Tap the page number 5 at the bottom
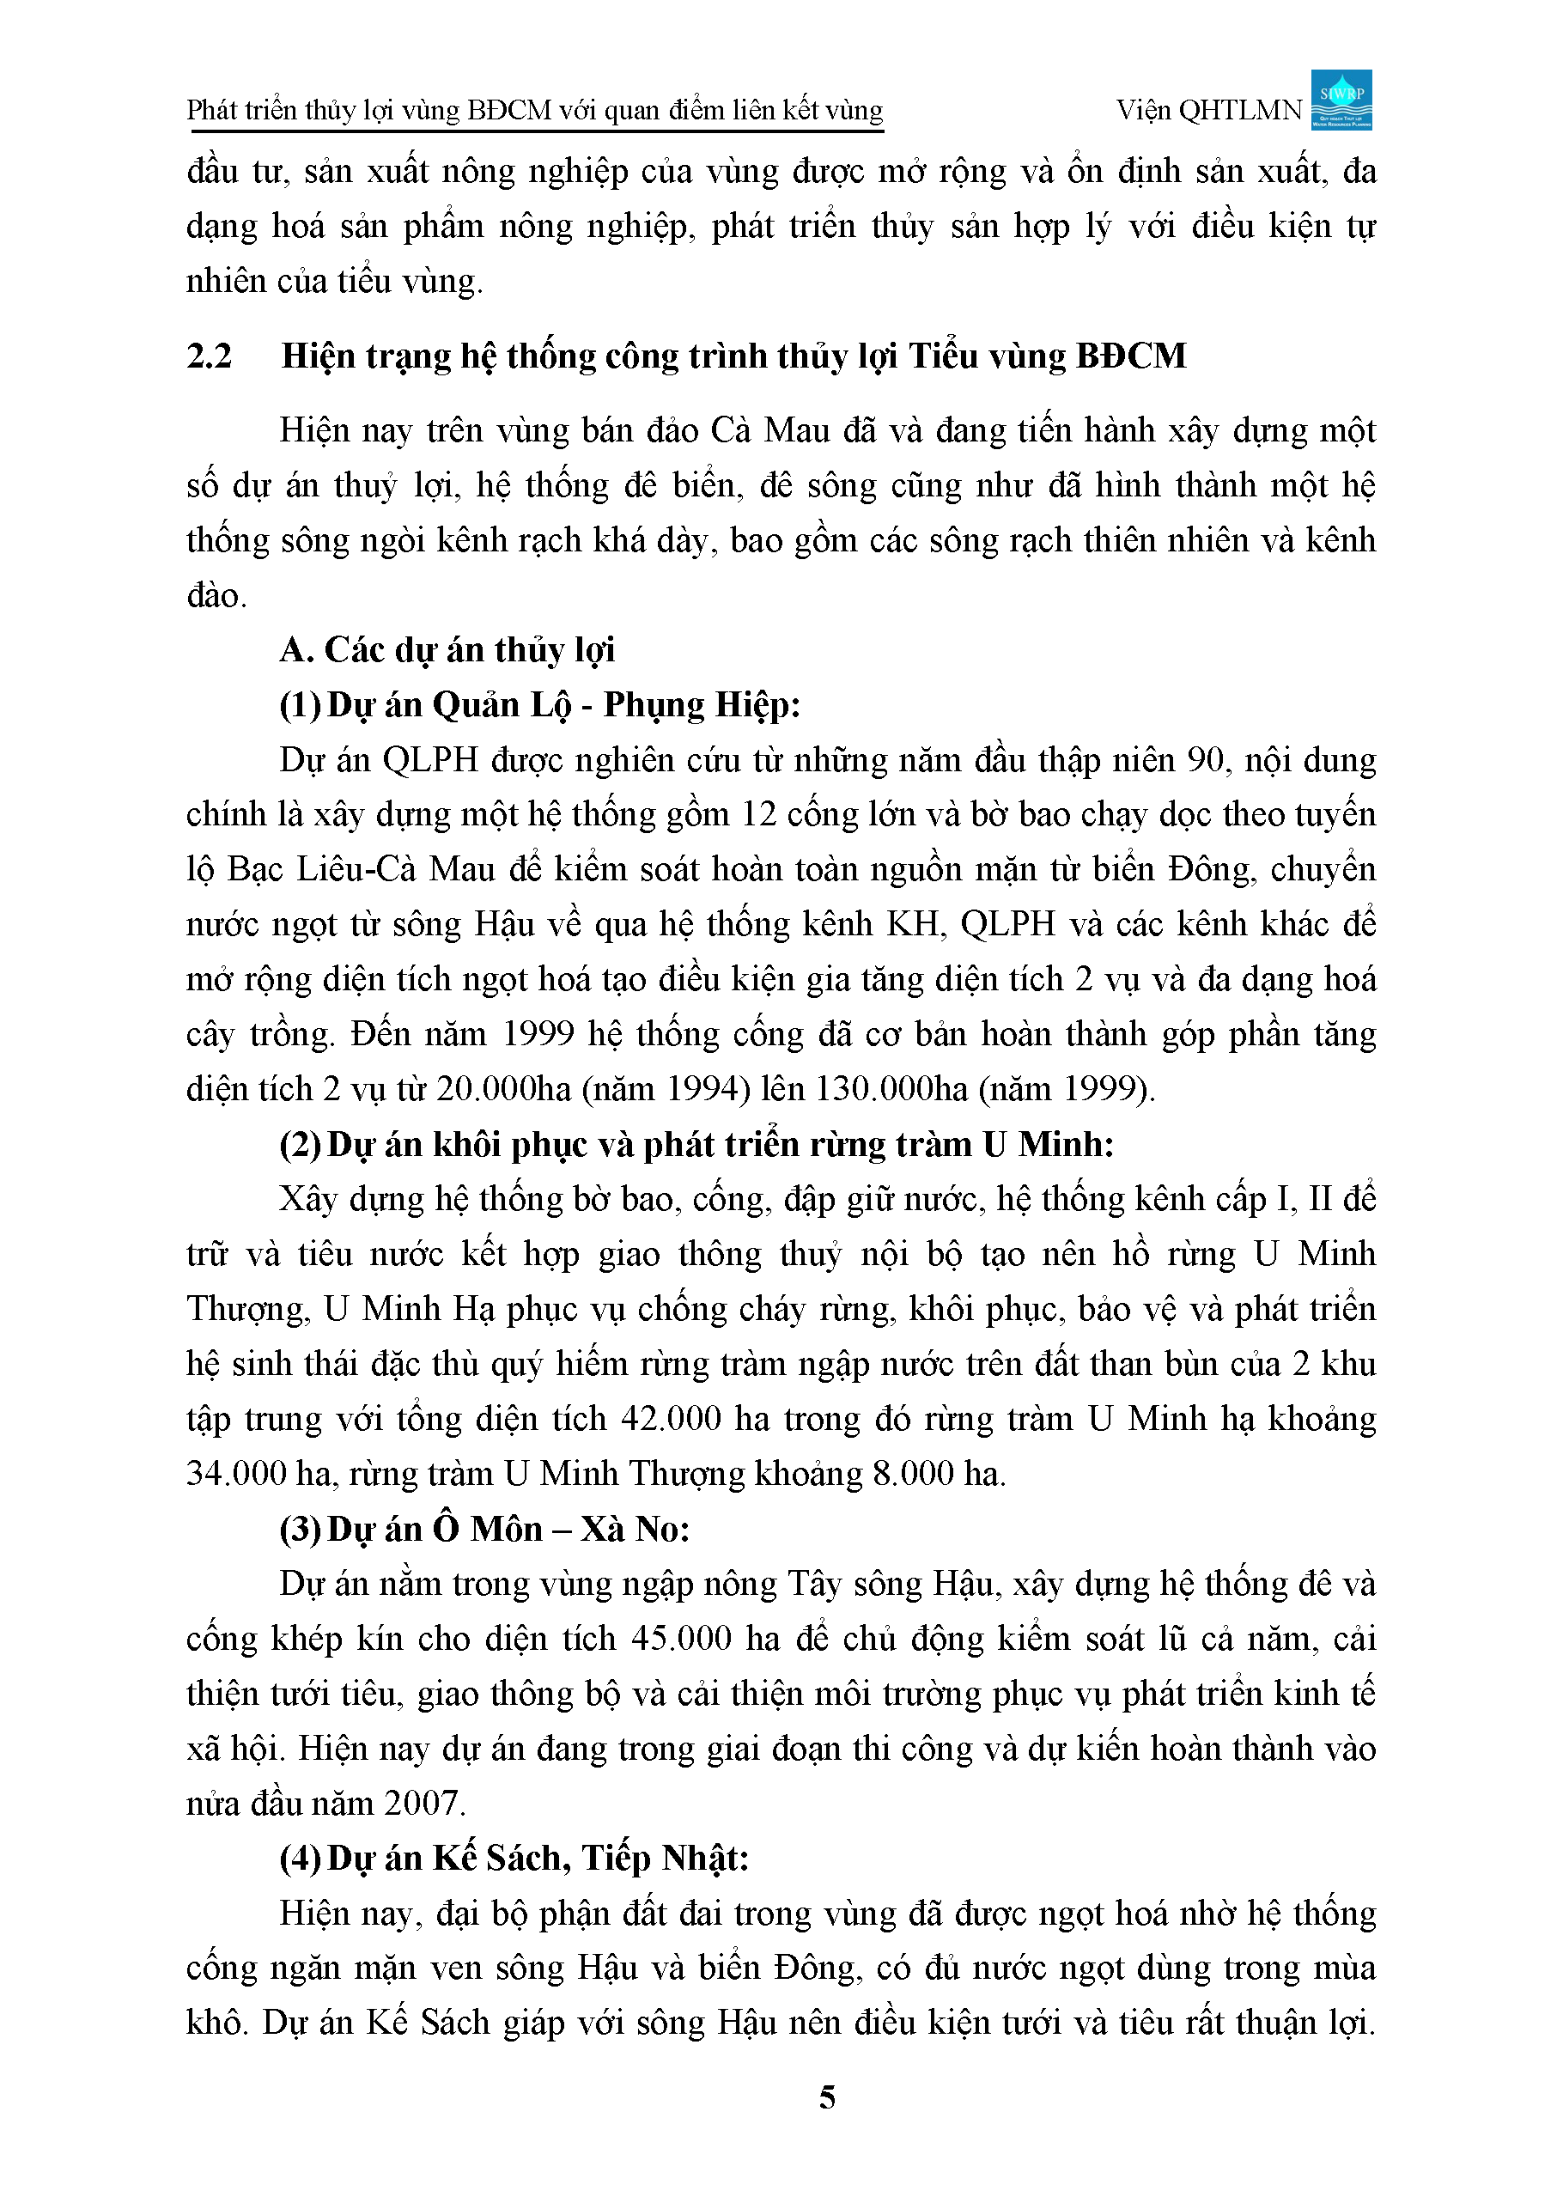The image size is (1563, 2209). click(827, 2097)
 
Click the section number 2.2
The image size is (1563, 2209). click(210, 356)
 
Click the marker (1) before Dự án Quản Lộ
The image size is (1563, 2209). click(300, 705)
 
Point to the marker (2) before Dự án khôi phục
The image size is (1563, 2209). click(300, 1146)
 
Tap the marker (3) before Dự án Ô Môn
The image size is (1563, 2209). click(300, 1530)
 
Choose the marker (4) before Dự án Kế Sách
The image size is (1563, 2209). click(300, 1859)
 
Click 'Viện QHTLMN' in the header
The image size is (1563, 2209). click(1209, 111)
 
